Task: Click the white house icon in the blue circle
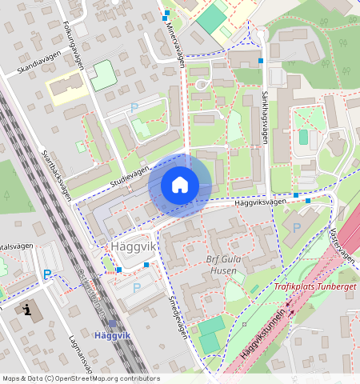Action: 180,186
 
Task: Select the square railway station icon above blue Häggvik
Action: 112,323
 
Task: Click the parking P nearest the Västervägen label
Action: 297,228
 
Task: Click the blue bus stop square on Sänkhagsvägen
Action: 261,61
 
